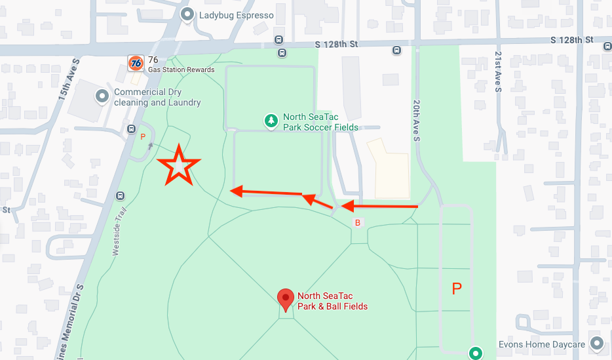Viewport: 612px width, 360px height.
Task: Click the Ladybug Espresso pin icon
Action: point(188,14)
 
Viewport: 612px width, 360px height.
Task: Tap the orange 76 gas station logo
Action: point(136,63)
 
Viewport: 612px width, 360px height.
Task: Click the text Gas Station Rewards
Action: point(182,70)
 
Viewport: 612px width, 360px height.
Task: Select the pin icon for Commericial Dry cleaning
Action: point(102,96)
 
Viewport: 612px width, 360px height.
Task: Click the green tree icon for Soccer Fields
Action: point(271,120)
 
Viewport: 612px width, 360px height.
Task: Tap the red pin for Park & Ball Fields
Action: point(285,299)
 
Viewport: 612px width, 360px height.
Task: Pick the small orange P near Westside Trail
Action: point(143,137)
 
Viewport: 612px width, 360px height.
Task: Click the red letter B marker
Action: point(358,223)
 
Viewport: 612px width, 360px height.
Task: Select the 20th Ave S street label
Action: point(415,120)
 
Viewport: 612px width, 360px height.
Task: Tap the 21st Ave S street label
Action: point(498,71)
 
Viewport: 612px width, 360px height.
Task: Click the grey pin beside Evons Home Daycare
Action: point(596,343)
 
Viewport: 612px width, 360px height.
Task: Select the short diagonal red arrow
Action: point(318,200)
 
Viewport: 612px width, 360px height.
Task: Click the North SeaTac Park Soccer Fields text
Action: point(320,122)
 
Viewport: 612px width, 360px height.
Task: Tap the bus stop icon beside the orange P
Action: point(131,129)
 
